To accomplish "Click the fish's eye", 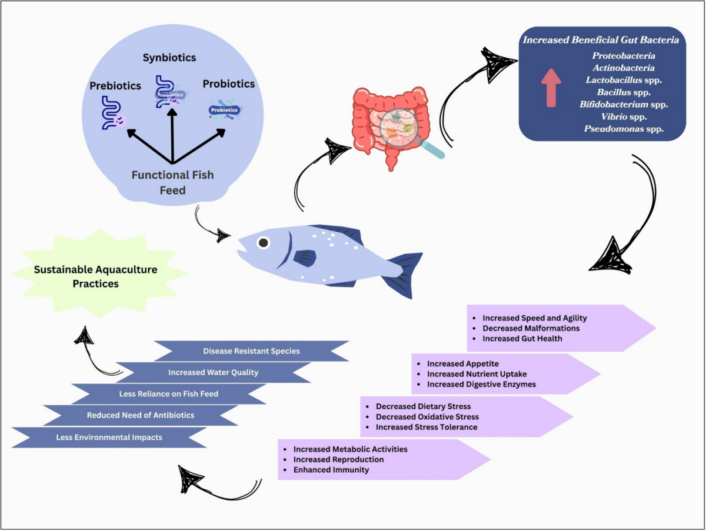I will pyautogui.click(x=264, y=242).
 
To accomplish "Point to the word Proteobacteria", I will pyautogui.click(x=624, y=56).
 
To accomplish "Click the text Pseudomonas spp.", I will pyautogui.click(x=624, y=129).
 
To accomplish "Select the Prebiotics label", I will pyautogui.click(x=115, y=86).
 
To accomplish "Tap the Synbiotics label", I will pyautogui.click(x=169, y=58).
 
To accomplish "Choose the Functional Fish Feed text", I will pyautogui.click(x=172, y=182).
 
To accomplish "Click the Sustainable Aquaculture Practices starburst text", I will pyautogui.click(x=95, y=276).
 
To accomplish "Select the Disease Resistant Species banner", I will pyautogui.click(x=251, y=351).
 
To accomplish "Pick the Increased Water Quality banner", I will pyautogui.click(x=213, y=372).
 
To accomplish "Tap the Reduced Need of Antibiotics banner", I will pyautogui.click(x=141, y=415).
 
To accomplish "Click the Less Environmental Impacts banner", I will pyautogui.click(x=109, y=437).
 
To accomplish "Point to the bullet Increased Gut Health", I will pyautogui.click(x=522, y=338).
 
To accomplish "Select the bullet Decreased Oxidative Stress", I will pyautogui.click(x=428, y=416).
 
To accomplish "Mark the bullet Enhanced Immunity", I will pyautogui.click(x=331, y=470).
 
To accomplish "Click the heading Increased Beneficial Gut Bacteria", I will pyautogui.click(x=601, y=40).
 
